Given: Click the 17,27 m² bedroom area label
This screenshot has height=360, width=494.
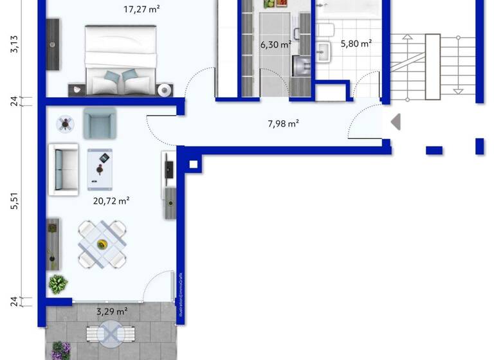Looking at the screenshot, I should point(142,10).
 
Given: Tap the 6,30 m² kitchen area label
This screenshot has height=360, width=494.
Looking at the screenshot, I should point(275,44).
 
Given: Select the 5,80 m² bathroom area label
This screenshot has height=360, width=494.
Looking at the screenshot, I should point(356,44).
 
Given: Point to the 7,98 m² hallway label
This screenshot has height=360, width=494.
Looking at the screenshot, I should point(283,123).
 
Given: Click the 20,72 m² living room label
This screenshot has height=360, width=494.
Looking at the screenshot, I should point(111,201).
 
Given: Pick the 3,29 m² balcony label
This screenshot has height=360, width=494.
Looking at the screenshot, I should point(111,311).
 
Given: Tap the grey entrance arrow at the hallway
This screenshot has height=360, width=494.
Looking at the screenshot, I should point(396,121).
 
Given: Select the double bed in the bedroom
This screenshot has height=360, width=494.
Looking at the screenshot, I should point(121,60).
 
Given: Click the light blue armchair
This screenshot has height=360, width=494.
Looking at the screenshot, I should point(99,122).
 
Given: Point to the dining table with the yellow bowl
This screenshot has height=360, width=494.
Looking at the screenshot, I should point(102,244).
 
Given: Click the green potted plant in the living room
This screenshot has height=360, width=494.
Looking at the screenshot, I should point(59,283).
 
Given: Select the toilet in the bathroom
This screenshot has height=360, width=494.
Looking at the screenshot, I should point(325,30).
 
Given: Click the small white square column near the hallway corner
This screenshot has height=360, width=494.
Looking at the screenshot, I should point(192,165).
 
